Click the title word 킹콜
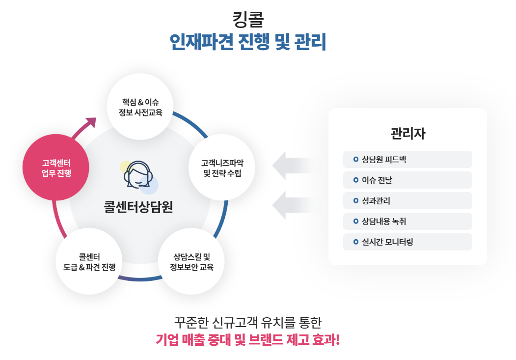[248, 20]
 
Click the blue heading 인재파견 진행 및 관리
[248, 42]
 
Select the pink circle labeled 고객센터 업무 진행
[56, 167]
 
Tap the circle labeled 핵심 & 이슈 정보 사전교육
[140, 107]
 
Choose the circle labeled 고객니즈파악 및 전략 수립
[222, 167]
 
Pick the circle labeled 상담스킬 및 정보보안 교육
[191, 261]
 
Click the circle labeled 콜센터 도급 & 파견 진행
[89, 261]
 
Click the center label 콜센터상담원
[138, 207]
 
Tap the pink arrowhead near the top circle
[91, 122]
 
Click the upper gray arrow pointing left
[293, 166]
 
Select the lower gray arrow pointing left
[293, 205]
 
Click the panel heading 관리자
[407, 134]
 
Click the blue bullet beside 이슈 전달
[356, 180]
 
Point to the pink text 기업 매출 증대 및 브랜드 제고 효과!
[247, 339]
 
